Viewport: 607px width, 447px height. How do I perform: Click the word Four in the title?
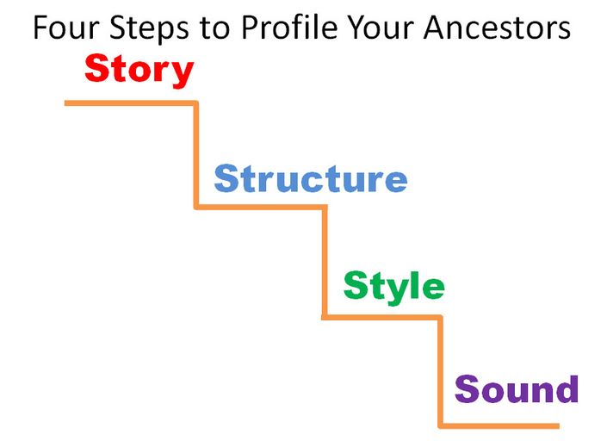[x=66, y=28]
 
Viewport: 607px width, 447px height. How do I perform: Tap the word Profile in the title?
[x=289, y=28]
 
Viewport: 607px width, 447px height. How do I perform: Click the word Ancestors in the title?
[x=497, y=28]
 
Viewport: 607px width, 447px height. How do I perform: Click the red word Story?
[x=139, y=70]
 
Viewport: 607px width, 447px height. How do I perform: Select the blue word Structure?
[x=311, y=178]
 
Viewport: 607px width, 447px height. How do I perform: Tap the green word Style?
[x=394, y=287]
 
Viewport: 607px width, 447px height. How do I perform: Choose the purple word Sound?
[x=517, y=388]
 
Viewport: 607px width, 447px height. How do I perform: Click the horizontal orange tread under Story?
[x=131, y=103]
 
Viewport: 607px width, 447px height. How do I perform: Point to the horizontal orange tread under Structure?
[x=261, y=208]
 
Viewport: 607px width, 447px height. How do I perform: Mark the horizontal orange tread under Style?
[x=381, y=317]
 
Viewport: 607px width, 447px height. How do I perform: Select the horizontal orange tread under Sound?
[x=499, y=426]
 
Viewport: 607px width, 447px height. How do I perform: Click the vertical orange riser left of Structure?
[x=196, y=155]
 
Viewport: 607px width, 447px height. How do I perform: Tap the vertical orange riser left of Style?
[x=325, y=262]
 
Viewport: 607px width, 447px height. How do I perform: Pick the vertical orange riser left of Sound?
[x=440, y=372]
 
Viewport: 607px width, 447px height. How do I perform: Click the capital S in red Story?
[x=96, y=68]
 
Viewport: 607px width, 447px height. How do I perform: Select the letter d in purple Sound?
[x=567, y=388]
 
